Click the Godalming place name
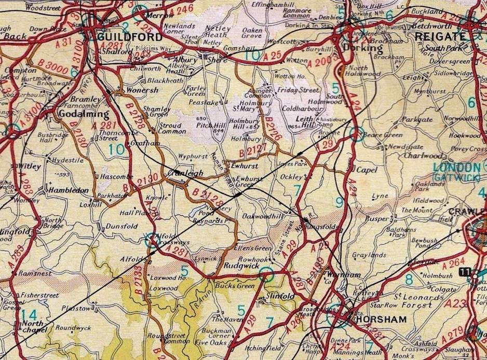tap(85, 114)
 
